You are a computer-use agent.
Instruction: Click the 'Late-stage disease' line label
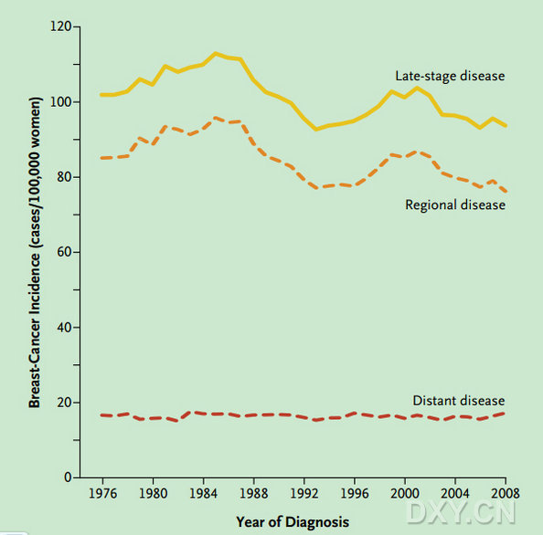(x=450, y=76)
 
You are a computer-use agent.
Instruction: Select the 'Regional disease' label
(x=455, y=205)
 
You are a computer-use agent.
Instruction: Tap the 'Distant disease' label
(x=459, y=401)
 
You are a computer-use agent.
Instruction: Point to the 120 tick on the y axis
(x=60, y=26)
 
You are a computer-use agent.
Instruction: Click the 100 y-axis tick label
(x=60, y=102)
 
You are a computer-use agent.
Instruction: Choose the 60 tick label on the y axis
(x=64, y=252)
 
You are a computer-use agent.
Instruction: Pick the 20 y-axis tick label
(x=64, y=403)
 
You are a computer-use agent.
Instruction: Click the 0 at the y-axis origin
(x=68, y=477)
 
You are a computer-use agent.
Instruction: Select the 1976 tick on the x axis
(x=103, y=493)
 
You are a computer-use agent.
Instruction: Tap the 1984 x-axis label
(x=203, y=493)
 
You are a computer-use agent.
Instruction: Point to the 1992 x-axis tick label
(x=304, y=493)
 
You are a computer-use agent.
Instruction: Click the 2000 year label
(x=405, y=493)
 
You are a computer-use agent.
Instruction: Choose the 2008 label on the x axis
(x=506, y=493)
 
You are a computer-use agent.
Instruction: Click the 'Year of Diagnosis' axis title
(x=293, y=522)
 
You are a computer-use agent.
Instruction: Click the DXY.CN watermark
(x=462, y=512)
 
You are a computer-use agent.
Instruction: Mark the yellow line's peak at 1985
(x=216, y=54)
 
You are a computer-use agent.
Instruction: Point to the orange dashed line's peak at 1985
(x=216, y=118)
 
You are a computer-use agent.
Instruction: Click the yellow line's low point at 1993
(x=315, y=130)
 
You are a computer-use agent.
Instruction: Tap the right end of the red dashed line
(x=505, y=414)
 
